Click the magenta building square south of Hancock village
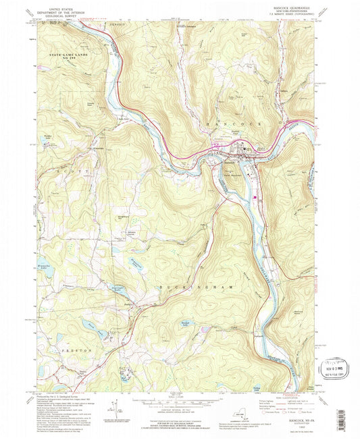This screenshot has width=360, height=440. point(254,197)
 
